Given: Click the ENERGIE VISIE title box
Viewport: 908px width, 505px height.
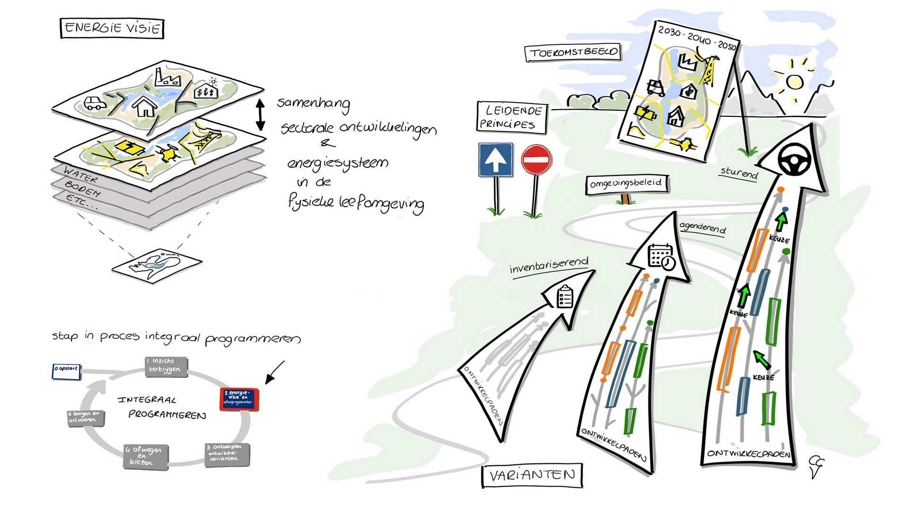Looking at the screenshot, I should click(x=112, y=28).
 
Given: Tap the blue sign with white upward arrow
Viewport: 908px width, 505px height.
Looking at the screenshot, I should click(x=495, y=160).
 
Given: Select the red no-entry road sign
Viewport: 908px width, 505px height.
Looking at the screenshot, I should click(x=536, y=159).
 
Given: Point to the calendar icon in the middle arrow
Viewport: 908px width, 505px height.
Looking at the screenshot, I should click(x=661, y=257).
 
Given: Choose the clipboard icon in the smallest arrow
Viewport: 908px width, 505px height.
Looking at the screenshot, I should click(x=565, y=297).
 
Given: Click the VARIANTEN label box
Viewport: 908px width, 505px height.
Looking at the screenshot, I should click(x=532, y=475).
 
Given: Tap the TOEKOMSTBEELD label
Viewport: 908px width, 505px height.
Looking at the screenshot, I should click(x=573, y=52).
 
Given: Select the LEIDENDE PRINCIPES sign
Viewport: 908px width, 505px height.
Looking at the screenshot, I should click(x=511, y=117).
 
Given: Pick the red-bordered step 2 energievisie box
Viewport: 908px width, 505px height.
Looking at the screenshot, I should click(x=239, y=399).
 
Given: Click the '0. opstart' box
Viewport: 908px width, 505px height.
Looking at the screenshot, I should click(x=66, y=370).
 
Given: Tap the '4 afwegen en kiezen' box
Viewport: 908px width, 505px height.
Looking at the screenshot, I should click(x=146, y=456).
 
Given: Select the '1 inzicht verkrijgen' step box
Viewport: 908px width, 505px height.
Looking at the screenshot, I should click(x=166, y=367).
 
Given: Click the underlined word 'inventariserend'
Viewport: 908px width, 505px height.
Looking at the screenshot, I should click(x=549, y=266).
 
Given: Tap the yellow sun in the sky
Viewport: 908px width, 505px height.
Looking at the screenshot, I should click(x=794, y=81).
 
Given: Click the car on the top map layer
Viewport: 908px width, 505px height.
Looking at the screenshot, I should click(x=95, y=103).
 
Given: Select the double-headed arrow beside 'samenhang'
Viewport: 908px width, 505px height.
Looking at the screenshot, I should click(x=260, y=115).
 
